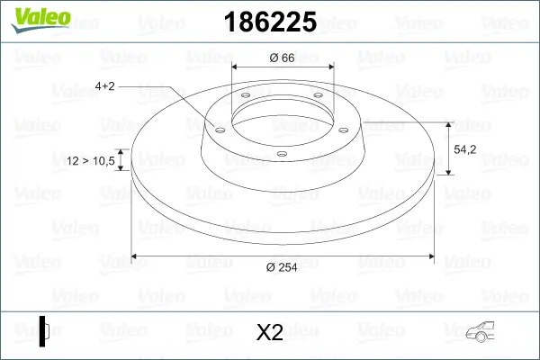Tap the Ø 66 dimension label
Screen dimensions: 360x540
(283, 58)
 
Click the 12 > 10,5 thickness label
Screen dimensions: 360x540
(91, 161)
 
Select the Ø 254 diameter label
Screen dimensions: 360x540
(283, 265)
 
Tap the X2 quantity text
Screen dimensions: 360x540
(269, 332)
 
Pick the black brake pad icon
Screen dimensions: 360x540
(45, 330)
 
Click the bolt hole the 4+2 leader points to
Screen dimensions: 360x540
(217, 128)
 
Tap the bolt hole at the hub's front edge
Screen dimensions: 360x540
(282, 154)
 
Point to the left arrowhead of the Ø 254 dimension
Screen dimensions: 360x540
(136, 257)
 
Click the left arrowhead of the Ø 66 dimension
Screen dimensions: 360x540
(237, 67)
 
